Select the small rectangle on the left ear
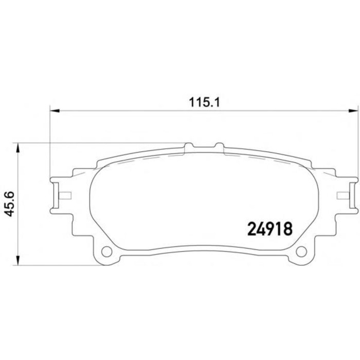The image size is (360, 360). pyautogui.click(x=65, y=195)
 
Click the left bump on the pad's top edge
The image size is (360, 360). pyautogui.click(x=189, y=147)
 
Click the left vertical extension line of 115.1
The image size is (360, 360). pyautogui.click(x=50, y=144)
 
